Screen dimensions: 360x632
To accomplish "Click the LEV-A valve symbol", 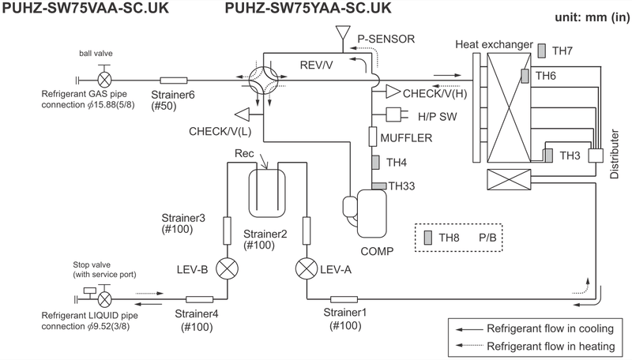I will (x=306, y=269).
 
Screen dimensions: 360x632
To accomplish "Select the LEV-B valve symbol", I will (x=228, y=269).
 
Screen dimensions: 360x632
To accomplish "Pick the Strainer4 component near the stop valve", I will (x=200, y=299).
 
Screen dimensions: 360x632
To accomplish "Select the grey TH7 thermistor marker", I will (x=542, y=51).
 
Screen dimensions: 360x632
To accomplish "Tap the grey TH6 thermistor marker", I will (x=525, y=76).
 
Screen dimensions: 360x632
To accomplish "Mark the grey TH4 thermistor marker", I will (x=376, y=163).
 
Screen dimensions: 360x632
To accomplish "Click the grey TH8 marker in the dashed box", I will (x=427, y=237).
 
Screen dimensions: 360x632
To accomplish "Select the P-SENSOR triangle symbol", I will (x=342, y=35).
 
